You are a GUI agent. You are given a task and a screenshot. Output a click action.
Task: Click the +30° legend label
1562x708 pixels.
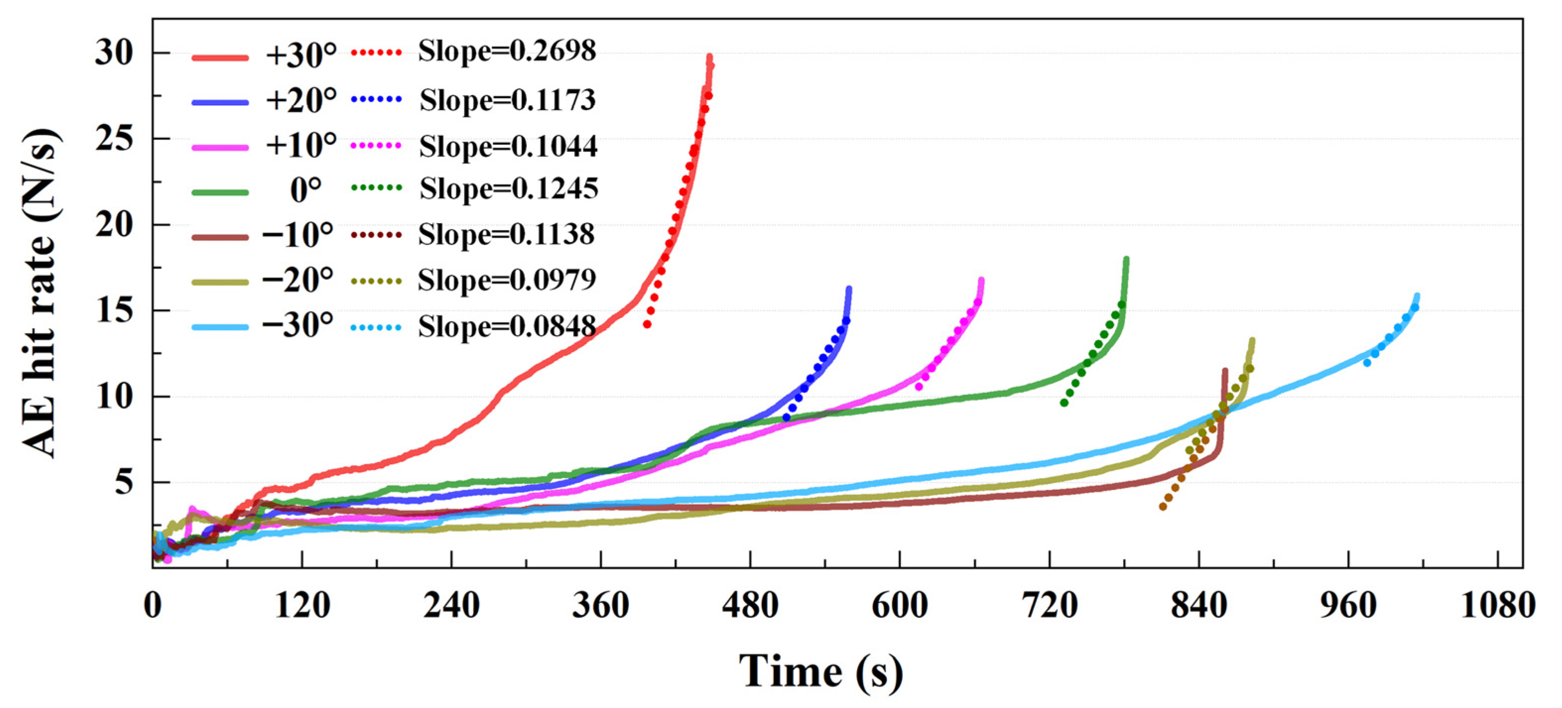(301, 56)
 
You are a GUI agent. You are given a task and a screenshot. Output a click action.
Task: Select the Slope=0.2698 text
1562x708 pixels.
(507, 52)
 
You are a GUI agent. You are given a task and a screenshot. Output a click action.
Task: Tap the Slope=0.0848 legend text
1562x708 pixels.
(507, 327)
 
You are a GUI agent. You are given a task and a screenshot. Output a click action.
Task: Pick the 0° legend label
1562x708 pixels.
(306, 191)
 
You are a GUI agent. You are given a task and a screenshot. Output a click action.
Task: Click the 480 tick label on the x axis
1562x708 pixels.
(750, 605)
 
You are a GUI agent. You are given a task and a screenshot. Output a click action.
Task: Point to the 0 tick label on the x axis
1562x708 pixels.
(153, 605)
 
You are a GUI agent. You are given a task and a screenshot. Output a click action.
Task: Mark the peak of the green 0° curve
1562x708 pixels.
(1126, 259)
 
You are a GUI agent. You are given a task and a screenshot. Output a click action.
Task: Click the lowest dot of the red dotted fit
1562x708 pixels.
(647, 324)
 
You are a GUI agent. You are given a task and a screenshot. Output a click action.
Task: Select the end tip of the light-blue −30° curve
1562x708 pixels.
(1417, 296)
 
